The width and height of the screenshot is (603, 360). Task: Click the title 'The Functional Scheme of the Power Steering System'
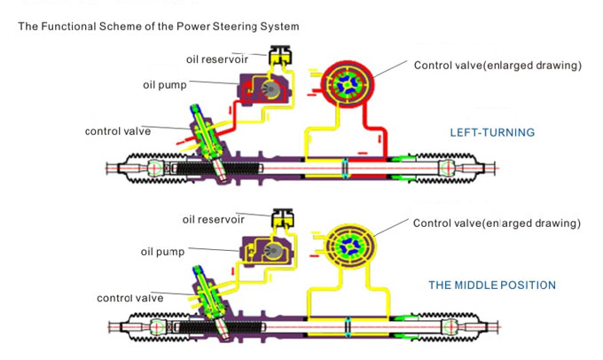click(159, 27)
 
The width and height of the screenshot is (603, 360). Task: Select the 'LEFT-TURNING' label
click(492, 133)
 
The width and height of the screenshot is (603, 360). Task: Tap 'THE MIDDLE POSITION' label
click(492, 286)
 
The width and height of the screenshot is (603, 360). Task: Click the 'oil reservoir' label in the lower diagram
click(213, 219)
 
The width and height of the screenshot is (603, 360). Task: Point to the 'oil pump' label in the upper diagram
click(163, 85)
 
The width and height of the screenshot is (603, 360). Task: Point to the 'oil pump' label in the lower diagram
click(162, 252)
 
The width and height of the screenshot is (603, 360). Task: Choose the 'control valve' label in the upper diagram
click(118, 131)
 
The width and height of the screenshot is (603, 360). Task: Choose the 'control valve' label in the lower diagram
click(129, 298)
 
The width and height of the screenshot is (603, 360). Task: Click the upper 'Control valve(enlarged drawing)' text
click(497, 66)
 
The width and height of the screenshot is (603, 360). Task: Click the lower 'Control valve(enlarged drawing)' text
click(497, 223)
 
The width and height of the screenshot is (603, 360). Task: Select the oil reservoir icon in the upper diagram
click(283, 55)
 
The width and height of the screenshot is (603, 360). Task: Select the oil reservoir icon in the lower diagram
click(283, 218)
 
